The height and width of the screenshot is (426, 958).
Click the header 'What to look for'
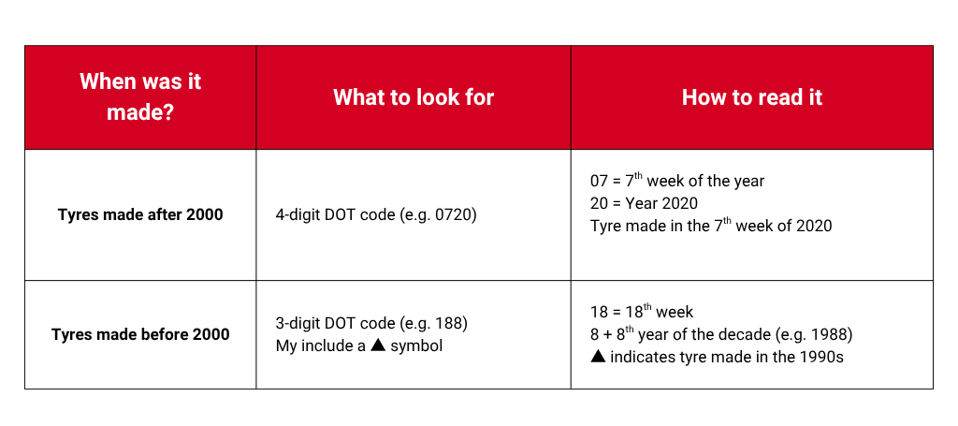(x=414, y=97)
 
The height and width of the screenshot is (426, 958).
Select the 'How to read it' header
(x=752, y=97)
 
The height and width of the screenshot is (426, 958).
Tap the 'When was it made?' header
(x=140, y=97)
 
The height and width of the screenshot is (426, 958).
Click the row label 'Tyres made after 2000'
(x=140, y=215)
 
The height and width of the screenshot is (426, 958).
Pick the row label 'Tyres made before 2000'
(x=140, y=334)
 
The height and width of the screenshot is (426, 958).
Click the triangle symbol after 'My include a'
(x=379, y=345)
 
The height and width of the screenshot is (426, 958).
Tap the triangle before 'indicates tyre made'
(x=598, y=357)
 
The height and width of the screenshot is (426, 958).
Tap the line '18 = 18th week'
(x=642, y=312)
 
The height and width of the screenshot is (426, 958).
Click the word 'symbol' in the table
(x=416, y=346)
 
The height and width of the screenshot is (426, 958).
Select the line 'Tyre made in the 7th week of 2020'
(x=711, y=225)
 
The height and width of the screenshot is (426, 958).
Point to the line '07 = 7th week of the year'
(x=677, y=181)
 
